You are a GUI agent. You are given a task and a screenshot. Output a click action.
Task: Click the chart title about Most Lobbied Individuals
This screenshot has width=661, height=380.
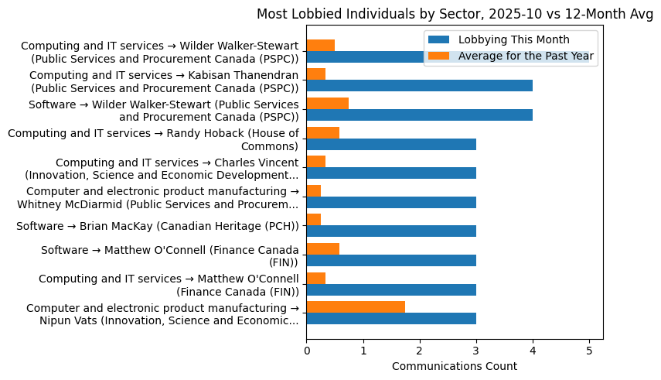pos(455,14)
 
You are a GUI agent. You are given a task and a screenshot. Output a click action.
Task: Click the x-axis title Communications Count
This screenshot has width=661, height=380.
pos(455,366)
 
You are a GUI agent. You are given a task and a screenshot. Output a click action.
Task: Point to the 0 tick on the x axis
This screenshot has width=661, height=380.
pos(306,350)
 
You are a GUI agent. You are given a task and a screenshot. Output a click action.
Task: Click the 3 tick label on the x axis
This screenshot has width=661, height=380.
pos(476,350)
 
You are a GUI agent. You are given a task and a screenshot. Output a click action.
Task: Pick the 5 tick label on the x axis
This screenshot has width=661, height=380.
pos(589,350)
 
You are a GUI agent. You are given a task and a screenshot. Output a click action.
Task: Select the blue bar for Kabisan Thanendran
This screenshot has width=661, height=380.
pos(419,86)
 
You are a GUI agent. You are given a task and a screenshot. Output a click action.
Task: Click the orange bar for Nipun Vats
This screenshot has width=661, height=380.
pos(356,306)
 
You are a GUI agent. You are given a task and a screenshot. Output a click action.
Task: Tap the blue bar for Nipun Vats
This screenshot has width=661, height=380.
pos(391,318)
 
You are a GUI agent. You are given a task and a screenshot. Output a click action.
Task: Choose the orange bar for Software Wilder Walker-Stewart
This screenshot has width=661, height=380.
pos(327,104)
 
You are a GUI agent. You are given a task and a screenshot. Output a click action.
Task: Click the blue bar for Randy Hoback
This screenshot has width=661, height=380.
pos(391,144)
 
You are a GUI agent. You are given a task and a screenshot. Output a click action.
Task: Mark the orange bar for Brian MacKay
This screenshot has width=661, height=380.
pos(313,220)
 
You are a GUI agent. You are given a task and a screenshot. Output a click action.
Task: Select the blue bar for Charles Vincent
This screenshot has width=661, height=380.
pos(391,173)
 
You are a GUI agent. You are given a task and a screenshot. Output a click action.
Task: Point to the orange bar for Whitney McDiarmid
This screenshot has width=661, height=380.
pos(313,190)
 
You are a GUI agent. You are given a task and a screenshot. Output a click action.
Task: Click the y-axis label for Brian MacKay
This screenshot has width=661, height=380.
pos(157,226)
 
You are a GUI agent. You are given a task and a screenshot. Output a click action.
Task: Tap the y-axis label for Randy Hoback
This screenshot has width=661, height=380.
pos(153,139)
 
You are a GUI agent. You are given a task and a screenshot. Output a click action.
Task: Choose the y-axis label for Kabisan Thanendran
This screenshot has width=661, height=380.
pos(164,80)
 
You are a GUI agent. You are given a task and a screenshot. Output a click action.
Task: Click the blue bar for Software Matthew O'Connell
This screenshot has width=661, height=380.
pos(391,260)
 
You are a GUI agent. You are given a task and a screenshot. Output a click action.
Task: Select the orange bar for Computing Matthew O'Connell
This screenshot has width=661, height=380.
pos(315,278)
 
